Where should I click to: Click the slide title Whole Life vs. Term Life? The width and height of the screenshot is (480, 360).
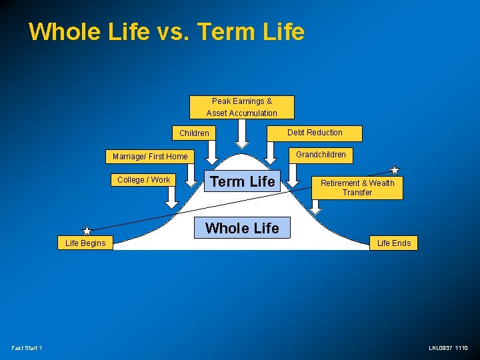[x=167, y=32]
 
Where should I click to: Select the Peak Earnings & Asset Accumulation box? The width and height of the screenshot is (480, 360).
[x=241, y=107]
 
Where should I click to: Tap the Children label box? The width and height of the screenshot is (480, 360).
[x=194, y=133]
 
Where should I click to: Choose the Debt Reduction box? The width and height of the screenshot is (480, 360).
[x=315, y=133]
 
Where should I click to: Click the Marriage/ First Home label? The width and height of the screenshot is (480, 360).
[x=150, y=157]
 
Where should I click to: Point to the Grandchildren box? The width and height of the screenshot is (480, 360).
[x=321, y=155]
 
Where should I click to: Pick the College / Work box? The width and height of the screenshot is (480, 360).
[x=143, y=180]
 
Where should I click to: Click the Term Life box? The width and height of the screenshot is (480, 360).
[x=242, y=181]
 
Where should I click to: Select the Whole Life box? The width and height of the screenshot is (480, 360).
[x=242, y=228]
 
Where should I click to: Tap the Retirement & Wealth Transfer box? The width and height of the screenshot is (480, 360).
[x=357, y=188]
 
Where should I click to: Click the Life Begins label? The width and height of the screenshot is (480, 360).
[x=85, y=243]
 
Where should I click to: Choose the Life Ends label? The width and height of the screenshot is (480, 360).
[x=394, y=243]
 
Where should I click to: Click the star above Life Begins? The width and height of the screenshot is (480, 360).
[x=87, y=231]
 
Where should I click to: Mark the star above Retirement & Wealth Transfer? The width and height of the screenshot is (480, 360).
[x=395, y=170]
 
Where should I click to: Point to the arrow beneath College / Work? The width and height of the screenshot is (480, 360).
[x=171, y=196]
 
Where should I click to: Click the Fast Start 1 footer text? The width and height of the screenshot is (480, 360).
[x=27, y=348]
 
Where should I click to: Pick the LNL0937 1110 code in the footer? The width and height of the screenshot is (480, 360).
[x=448, y=348]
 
